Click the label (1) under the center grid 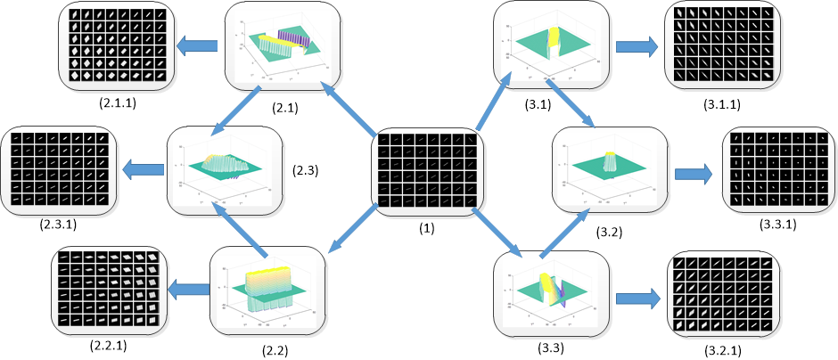[425, 228]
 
